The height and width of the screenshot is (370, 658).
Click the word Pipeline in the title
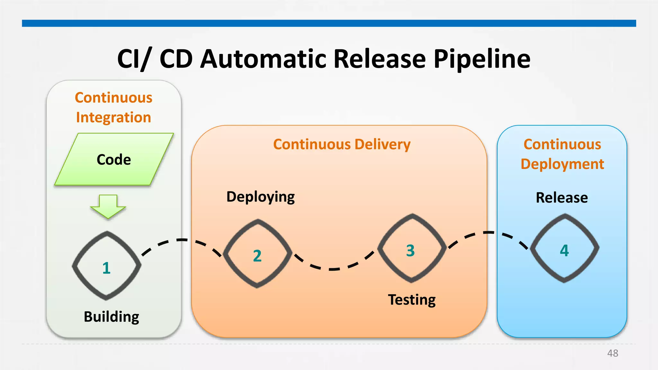(x=482, y=59)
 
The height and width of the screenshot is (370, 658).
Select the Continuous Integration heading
(x=113, y=107)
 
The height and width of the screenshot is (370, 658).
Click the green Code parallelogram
(x=114, y=160)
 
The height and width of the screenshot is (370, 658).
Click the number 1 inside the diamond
(x=106, y=268)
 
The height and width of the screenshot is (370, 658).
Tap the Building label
(x=111, y=317)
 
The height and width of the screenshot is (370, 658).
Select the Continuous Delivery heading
(x=342, y=144)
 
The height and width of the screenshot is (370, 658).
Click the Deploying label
(x=260, y=197)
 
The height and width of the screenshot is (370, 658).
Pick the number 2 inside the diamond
(x=257, y=256)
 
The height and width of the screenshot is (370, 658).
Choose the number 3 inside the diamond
(x=410, y=251)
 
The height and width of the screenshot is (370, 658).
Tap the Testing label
(x=412, y=300)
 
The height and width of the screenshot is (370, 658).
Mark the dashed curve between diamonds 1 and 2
(x=182, y=240)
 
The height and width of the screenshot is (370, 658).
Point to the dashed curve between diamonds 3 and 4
(x=488, y=232)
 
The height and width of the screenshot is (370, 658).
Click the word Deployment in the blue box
(x=562, y=164)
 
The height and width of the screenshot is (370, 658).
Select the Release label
(x=562, y=198)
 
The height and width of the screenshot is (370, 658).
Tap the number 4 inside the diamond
(x=564, y=251)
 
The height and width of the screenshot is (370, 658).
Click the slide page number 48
(x=612, y=353)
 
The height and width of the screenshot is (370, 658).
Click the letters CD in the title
(x=176, y=59)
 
